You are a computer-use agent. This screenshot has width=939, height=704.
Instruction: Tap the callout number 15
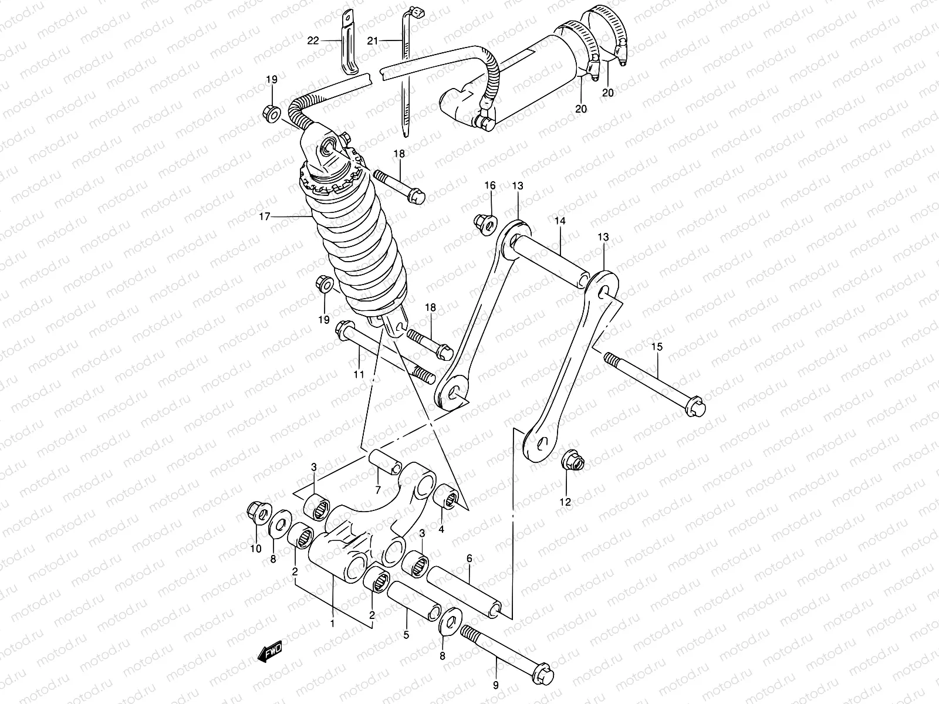(656, 347)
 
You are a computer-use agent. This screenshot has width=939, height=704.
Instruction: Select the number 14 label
(559, 221)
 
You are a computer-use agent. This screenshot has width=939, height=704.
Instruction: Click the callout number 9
(496, 685)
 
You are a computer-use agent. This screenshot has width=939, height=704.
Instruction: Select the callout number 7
(378, 490)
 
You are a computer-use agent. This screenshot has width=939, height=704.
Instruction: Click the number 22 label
(313, 40)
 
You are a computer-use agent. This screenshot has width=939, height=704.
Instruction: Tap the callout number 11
(359, 374)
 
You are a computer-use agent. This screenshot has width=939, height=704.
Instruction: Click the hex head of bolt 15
(696, 407)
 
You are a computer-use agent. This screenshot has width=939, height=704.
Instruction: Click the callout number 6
(469, 560)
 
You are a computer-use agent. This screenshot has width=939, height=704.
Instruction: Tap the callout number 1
(332, 623)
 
